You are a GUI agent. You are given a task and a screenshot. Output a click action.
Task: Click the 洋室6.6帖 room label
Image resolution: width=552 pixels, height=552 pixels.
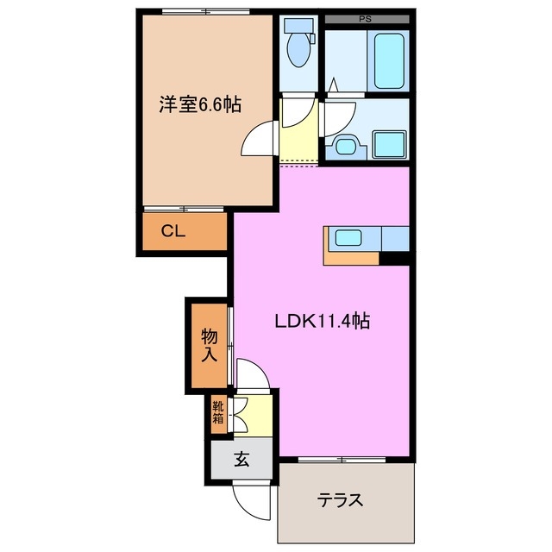198,105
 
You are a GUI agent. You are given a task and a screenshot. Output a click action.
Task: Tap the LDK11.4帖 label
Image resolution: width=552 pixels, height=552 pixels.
323,322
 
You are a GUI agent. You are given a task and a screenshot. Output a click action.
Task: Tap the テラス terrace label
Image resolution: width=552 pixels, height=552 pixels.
339,500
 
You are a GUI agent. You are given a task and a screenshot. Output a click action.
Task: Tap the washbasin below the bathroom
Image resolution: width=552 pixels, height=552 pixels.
347,146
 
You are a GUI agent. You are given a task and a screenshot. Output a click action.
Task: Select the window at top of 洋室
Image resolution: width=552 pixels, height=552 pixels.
205,11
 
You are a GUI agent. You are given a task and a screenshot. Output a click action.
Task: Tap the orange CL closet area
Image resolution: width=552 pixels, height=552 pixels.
185,232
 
